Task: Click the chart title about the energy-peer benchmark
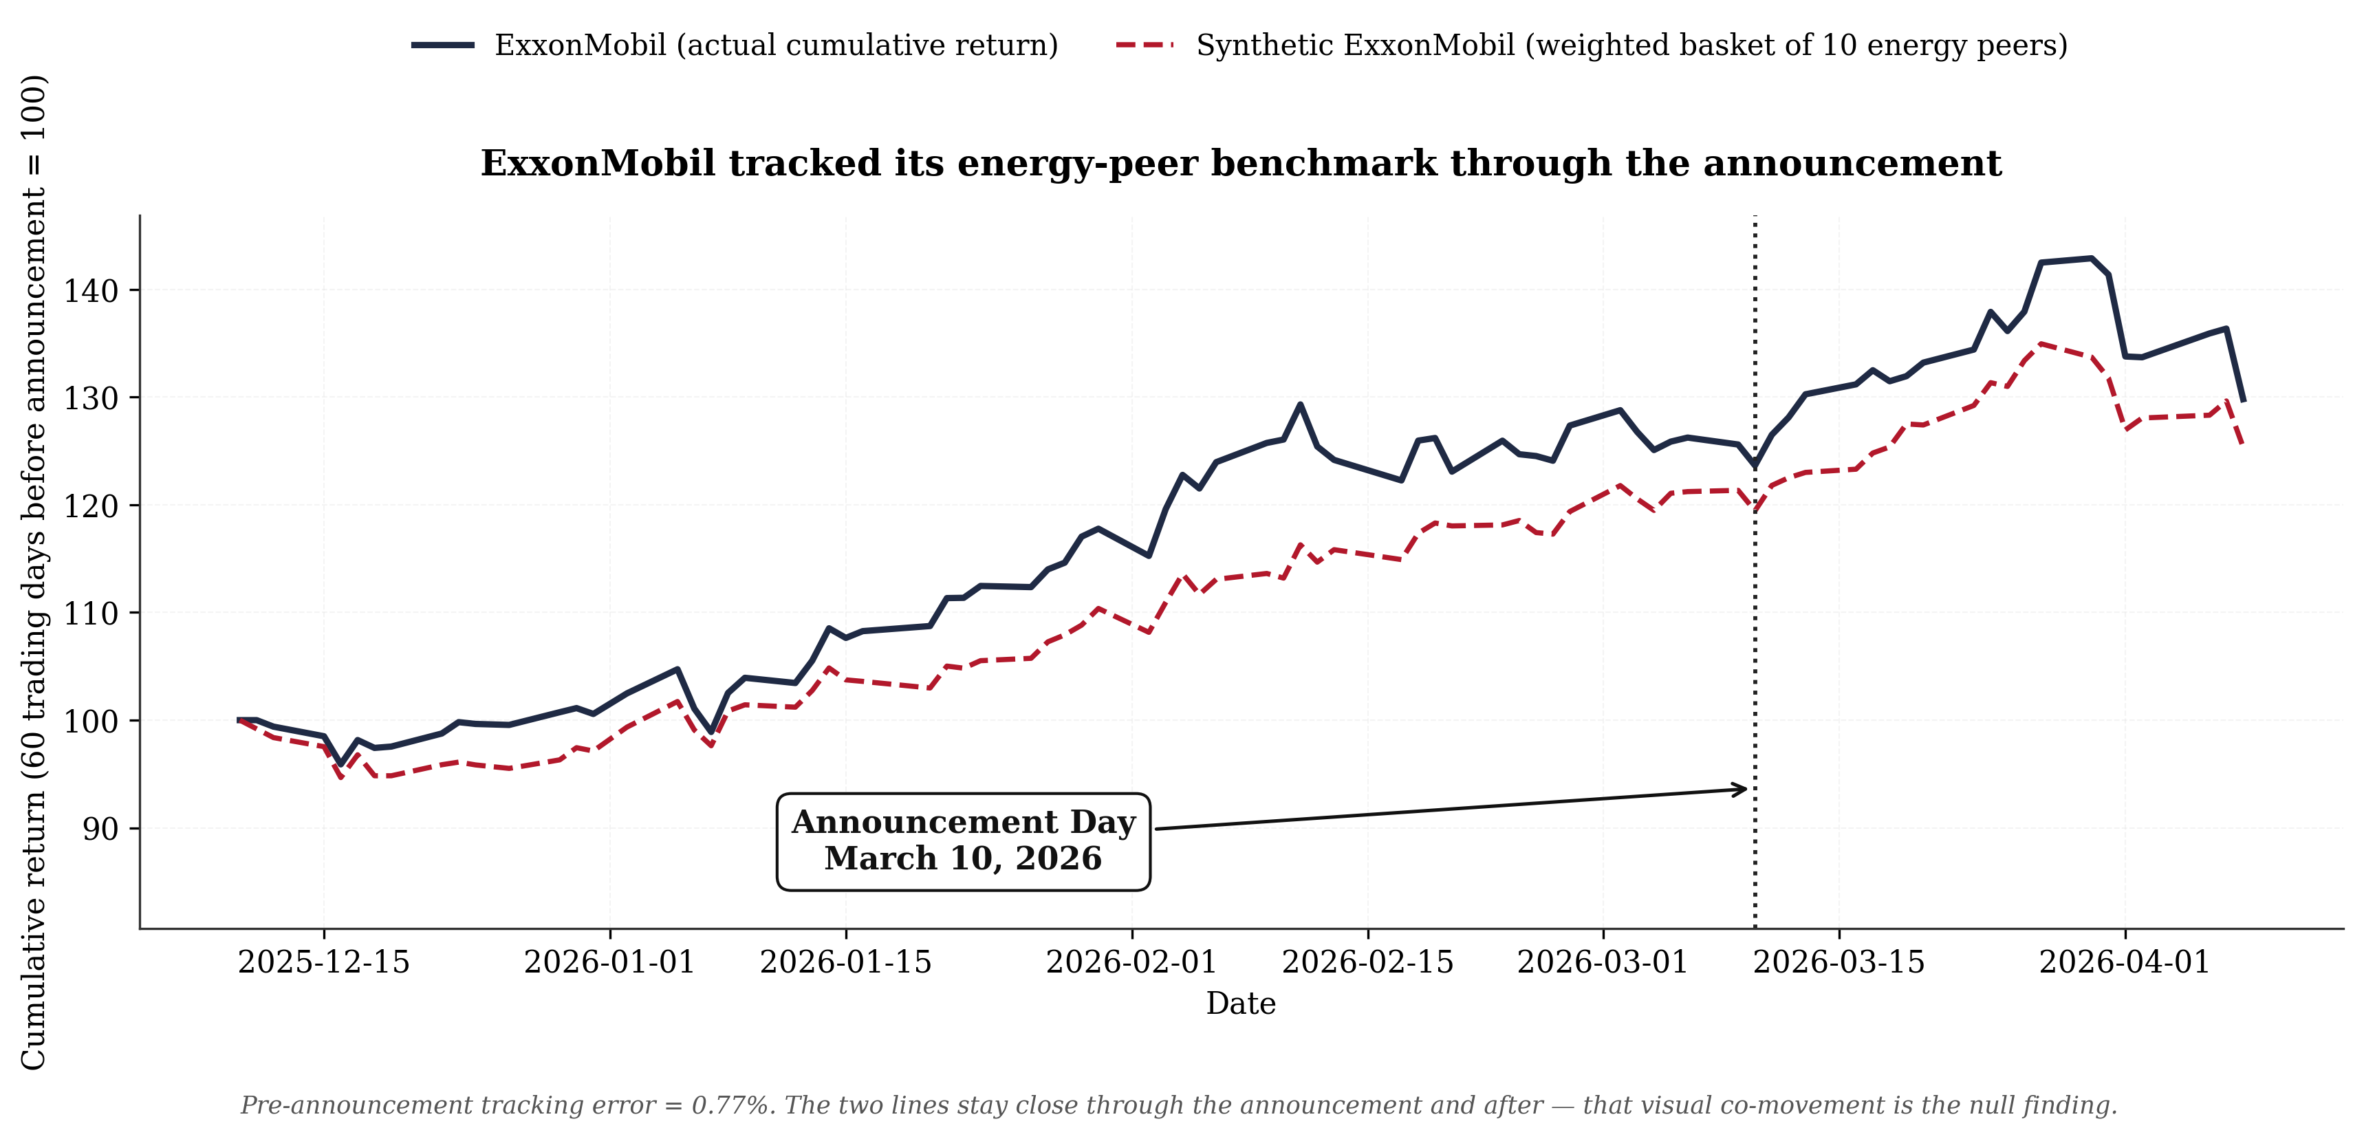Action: pyautogui.click(x=1241, y=164)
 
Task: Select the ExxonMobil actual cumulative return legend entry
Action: pyautogui.click(x=734, y=45)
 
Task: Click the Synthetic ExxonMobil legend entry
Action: pyautogui.click(x=1592, y=45)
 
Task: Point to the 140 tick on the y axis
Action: pyautogui.click(x=91, y=291)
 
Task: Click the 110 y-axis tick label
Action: pyautogui.click(x=91, y=613)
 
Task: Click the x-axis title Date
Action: pyautogui.click(x=1241, y=1004)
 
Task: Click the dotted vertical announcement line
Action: pyautogui.click(x=1755, y=571)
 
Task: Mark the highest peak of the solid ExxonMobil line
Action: pyautogui.click(x=2092, y=258)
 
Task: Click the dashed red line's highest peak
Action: pyautogui.click(x=2040, y=343)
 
